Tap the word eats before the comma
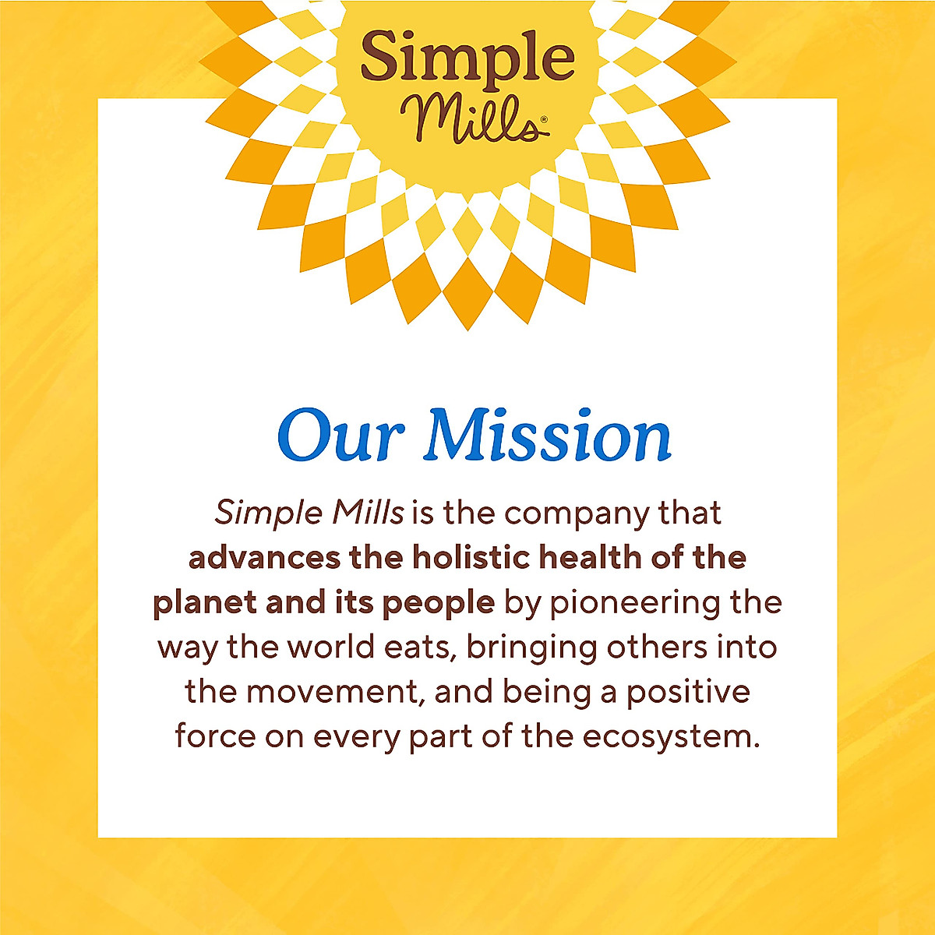click(x=420, y=647)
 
